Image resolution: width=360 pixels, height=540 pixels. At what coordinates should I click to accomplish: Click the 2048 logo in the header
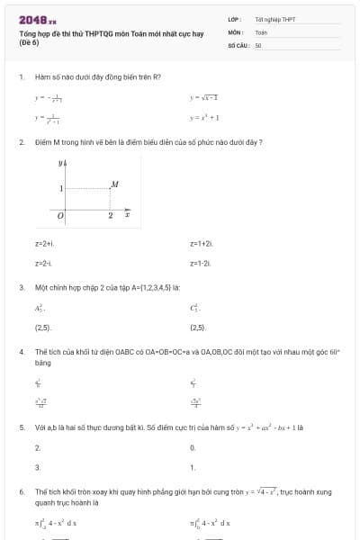[38, 18]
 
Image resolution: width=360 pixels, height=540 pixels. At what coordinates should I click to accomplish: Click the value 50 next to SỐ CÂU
[258, 43]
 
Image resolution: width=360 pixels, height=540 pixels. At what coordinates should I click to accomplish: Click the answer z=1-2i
[201, 263]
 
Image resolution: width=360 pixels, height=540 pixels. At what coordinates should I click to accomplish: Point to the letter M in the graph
[114, 184]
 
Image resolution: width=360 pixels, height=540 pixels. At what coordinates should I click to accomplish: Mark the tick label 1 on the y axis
[61, 189]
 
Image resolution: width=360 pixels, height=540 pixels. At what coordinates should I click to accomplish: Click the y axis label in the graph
[61, 163]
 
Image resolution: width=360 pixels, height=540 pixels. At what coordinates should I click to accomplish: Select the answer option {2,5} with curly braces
[198, 328]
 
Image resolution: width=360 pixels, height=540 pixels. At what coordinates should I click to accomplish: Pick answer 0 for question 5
[193, 447]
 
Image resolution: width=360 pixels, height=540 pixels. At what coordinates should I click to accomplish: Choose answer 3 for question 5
[37, 467]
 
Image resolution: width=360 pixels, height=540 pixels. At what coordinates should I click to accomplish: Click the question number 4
[21, 352]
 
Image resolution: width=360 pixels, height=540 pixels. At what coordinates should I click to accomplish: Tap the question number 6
[21, 492]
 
